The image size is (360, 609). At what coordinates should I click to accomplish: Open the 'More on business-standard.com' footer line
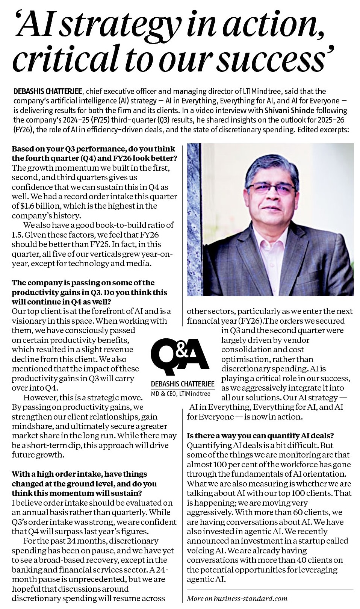[x=237, y=598]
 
